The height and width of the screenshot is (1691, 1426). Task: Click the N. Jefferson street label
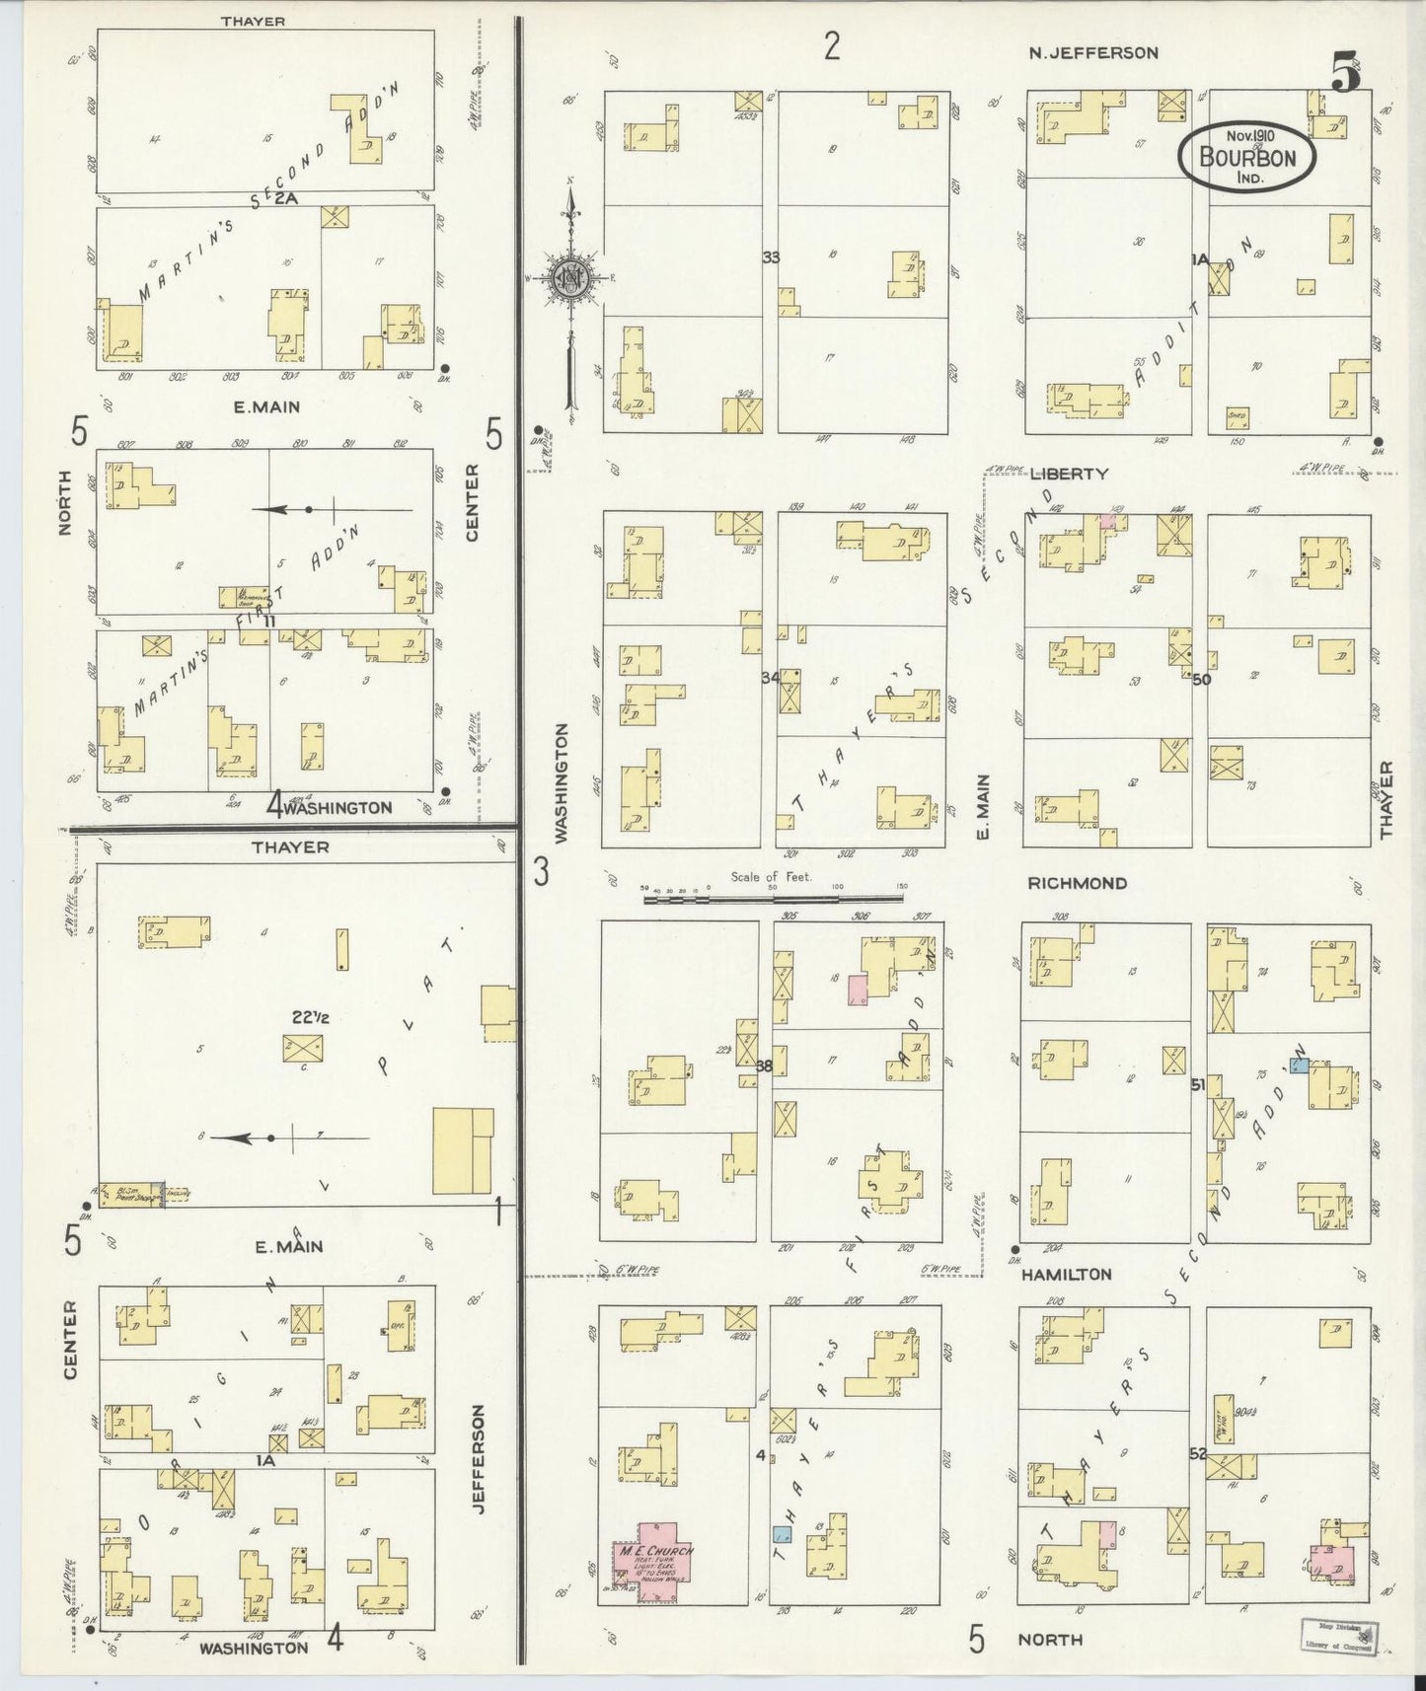(x=1092, y=53)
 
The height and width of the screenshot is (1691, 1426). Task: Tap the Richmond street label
(x=1077, y=883)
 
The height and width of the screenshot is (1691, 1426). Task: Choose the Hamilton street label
(x=1067, y=1274)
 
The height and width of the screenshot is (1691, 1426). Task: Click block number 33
(x=770, y=257)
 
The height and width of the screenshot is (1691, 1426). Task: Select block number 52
(x=1198, y=1453)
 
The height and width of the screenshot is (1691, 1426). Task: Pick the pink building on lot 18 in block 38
(x=857, y=990)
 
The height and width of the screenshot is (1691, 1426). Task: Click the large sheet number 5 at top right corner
(x=1346, y=71)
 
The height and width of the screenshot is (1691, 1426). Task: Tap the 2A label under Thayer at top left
(x=286, y=198)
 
